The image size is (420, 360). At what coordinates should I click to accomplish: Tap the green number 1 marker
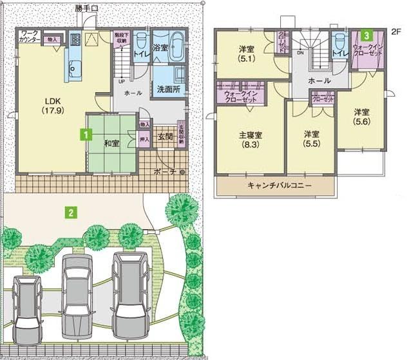(83, 135)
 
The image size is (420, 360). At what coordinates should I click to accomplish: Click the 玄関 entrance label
(164, 137)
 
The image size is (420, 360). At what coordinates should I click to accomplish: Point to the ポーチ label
(164, 172)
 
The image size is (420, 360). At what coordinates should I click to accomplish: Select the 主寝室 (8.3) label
(251, 140)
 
